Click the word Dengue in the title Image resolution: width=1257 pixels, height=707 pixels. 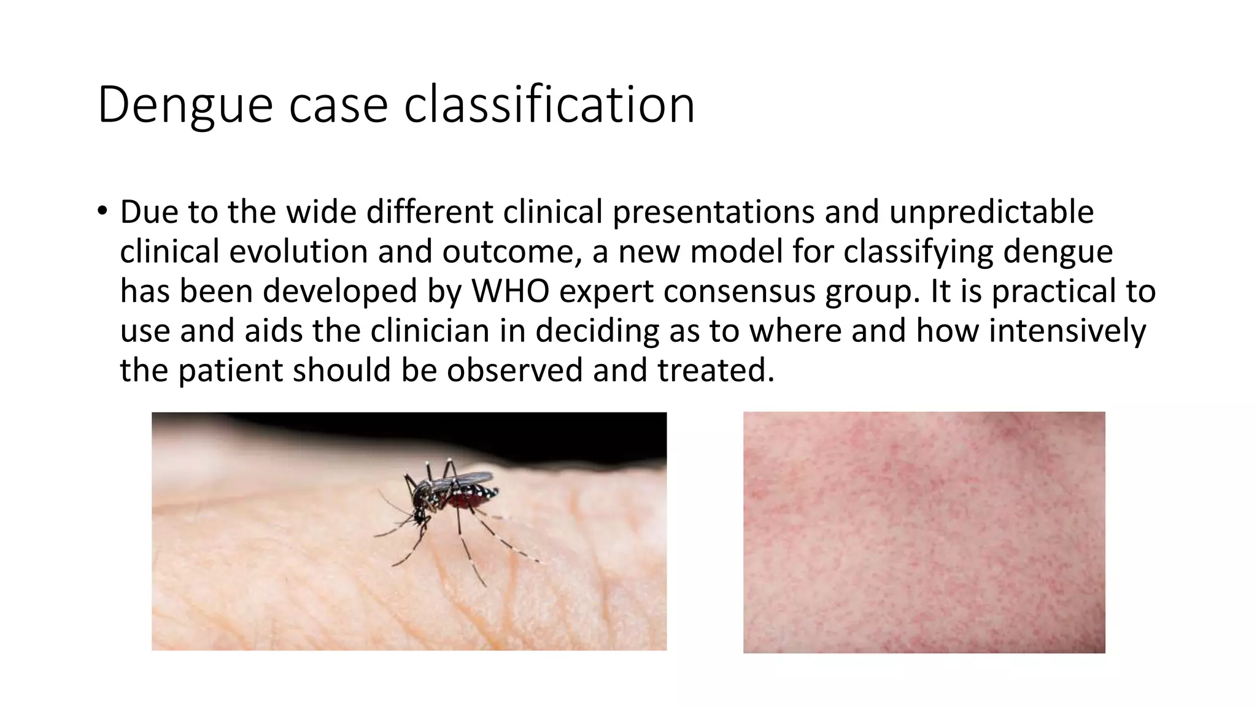185,106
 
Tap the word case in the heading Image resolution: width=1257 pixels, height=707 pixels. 338,106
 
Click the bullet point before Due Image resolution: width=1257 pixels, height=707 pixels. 102,211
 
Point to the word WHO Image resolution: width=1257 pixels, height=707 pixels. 510,291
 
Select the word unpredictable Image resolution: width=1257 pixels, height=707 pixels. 991,212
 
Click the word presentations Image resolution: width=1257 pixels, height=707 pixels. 714,212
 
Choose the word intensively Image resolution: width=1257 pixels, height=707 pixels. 1067,331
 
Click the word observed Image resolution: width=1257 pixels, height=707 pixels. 514,370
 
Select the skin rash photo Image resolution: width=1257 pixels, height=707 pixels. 924,532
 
